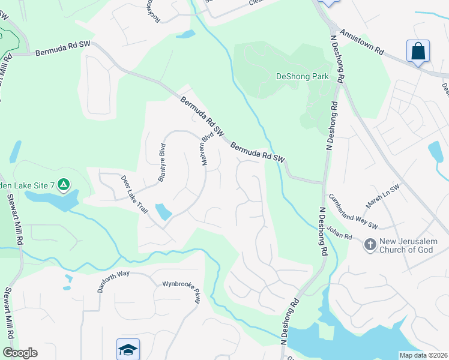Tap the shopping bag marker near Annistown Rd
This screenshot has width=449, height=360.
point(418,50)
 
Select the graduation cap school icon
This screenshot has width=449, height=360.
point(127,349)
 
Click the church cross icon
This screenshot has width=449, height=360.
point(370,244)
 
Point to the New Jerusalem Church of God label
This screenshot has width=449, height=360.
point(414,245)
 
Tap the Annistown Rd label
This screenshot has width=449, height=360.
point(361,42)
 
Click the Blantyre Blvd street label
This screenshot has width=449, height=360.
point(161,162)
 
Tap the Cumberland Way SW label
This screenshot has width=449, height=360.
point(352,212)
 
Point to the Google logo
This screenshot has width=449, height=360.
point(20,353)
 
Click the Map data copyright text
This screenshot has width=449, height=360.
point(424,355)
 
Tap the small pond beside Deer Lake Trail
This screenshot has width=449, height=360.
point(163,211)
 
